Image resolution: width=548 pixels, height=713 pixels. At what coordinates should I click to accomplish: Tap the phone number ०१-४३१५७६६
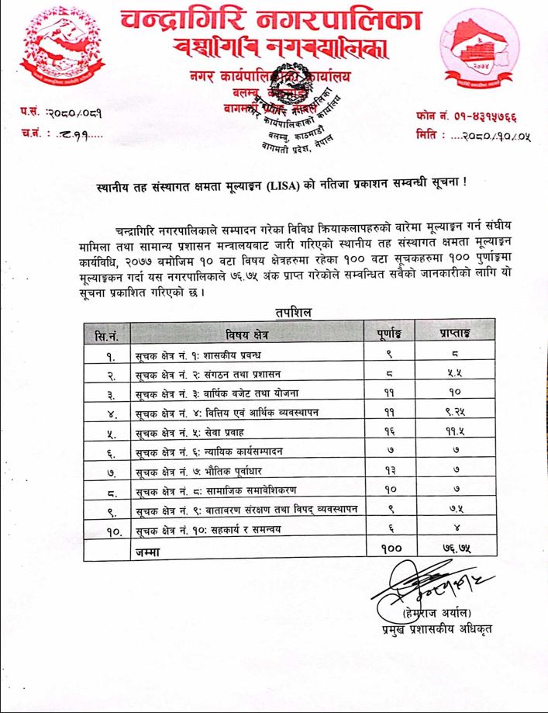pyautogui.click(x=481, y=116)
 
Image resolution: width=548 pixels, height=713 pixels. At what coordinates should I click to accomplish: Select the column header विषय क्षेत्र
pyautogui.click(x=249, y=334)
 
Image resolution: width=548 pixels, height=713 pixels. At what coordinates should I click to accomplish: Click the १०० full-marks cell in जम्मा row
pyautogui.click(x=388, y=549)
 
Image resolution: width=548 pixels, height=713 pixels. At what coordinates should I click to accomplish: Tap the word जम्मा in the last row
pyautogui.click(x=147, y=549)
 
